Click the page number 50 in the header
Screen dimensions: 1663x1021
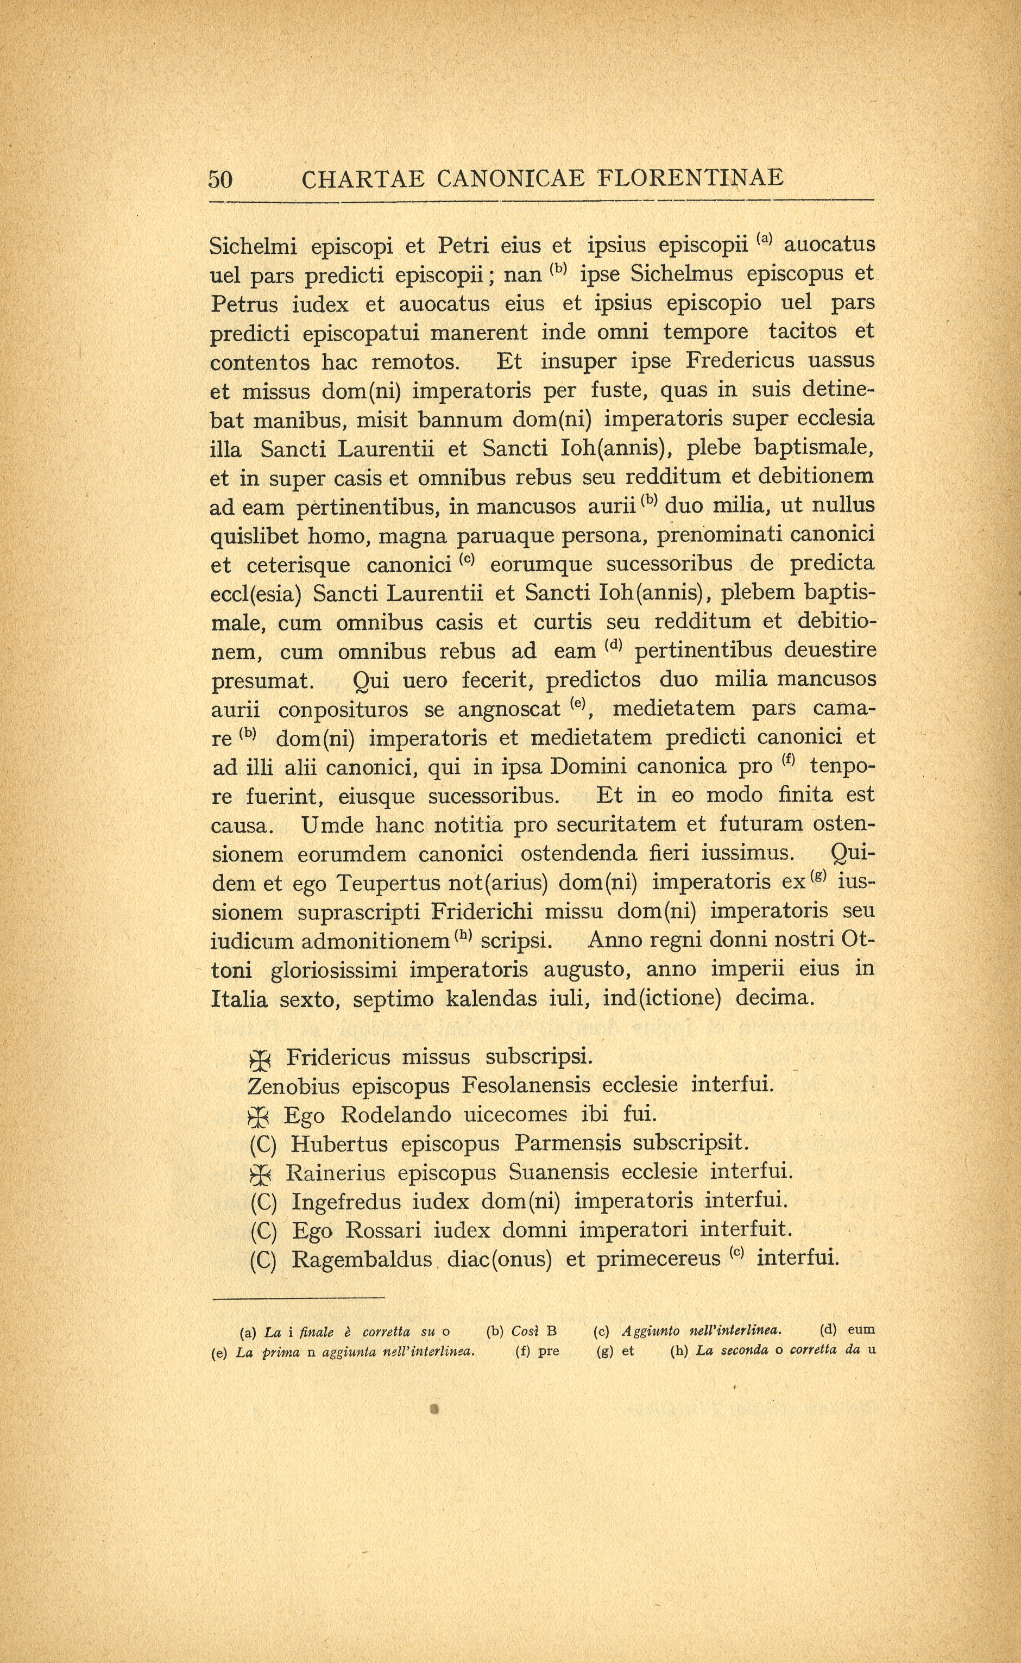tap(220, 179)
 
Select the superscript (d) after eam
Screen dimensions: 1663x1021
tap(613, 645)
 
